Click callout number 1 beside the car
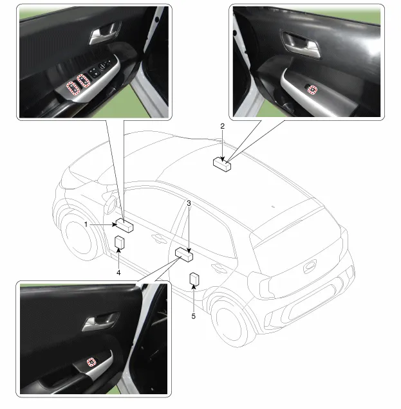[x=86, y=224]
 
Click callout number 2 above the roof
[x=223, y=126]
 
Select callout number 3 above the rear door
[x=189, y=203]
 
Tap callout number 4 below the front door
[x=118, y=273]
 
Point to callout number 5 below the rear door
[x=194, y=316]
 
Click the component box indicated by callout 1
[x=124, y=225]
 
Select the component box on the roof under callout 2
[x=222, y=165]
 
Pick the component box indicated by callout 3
[x=184, y=255]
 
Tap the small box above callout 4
[x=120, y=242]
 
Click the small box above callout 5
[x=194, y=279]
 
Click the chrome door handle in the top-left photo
[x=104, y=33]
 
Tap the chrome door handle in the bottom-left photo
[x=100, y=322]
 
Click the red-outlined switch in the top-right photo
[x=313, y=90]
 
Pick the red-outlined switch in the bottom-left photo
[x=91, y=362]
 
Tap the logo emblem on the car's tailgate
[x=310, y=266]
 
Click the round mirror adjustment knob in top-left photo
[x=102, y=66]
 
